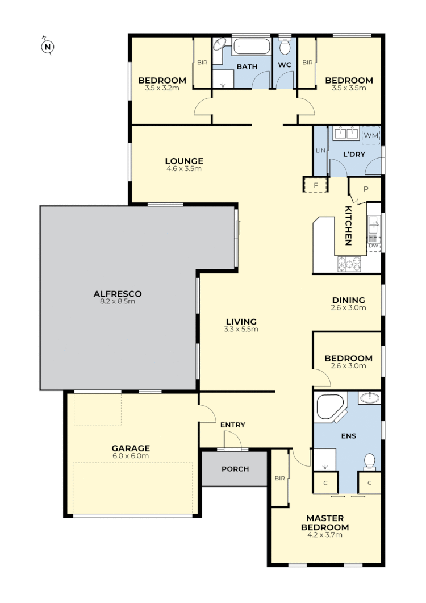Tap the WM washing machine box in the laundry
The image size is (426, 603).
point(371,135)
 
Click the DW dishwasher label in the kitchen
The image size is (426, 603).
point(373,246)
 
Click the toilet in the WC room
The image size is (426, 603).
point(285,45)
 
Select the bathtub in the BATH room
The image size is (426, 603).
point(251,47)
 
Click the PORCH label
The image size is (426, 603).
point(235,469)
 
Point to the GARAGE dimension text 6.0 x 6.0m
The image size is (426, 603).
point(131,456)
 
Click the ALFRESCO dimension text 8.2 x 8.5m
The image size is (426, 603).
point(118,301)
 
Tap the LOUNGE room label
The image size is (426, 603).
point(184,161)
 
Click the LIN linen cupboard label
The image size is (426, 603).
point(319,151)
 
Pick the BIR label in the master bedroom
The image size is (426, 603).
point(279,479)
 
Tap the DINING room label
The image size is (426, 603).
point(348,300)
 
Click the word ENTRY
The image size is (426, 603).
point(232,425)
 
